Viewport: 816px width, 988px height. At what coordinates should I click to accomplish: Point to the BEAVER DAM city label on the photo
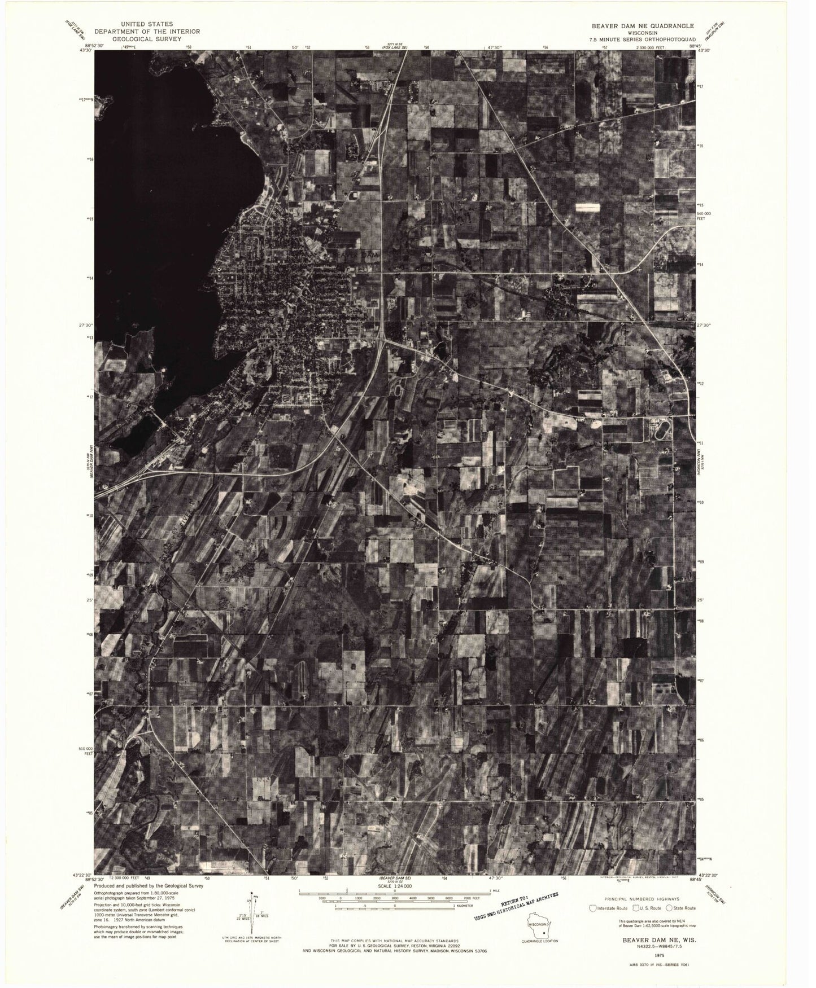point(355,254)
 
